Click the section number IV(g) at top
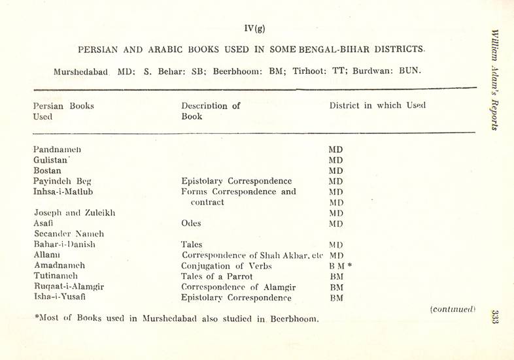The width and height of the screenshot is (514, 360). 254,28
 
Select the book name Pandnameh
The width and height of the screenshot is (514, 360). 57,150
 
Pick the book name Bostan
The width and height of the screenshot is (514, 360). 47,171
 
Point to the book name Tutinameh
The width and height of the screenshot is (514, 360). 57,276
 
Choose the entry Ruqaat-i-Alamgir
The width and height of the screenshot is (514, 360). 68,287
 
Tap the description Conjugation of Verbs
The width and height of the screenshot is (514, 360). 226,266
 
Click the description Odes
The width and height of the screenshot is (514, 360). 191,223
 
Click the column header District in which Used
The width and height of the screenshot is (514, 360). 377,106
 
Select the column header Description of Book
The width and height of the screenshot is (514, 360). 211,111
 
